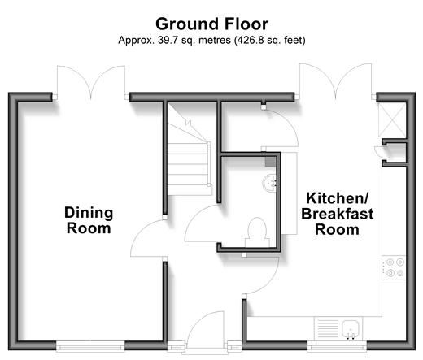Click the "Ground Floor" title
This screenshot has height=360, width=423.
211,24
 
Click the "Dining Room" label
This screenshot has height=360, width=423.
89,220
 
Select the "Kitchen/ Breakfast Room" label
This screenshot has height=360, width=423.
338,214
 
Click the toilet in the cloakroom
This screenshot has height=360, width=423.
257,232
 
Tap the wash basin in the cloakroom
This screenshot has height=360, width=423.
270,184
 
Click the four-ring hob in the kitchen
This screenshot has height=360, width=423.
394,267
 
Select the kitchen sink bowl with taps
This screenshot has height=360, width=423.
351,329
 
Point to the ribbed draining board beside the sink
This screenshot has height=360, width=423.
328,328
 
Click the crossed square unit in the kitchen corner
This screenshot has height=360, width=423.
392,119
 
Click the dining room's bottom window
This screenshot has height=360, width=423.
90,346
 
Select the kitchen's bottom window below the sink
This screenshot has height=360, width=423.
337,346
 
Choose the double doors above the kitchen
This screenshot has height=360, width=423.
335,81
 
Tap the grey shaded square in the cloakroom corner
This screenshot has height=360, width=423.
270,162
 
